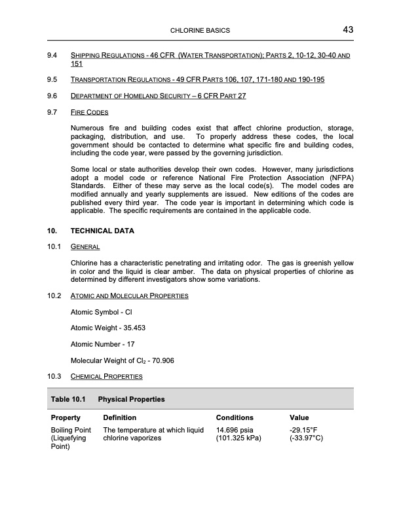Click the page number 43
click(347, 29)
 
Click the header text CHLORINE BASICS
click(200, 31)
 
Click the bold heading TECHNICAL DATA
click(103, 231)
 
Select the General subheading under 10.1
click(85, 247)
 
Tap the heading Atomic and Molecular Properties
click(129, 297)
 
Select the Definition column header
click(120, 417)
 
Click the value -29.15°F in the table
click(304, 429)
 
